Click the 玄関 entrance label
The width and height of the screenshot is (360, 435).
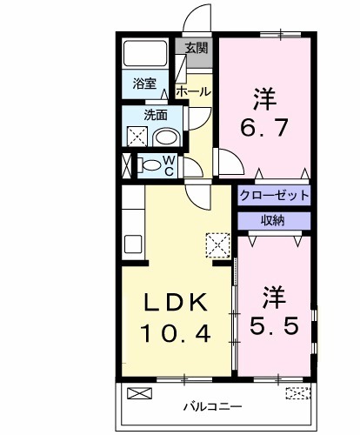click(x=197, y=48)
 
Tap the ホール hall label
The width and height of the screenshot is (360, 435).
click(x=191, y=90)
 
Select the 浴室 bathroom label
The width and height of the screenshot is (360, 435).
click(x=144, y=84)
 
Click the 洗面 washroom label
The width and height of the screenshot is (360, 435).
click(x=156, y=114)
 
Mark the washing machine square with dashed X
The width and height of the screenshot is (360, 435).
click(x=137, y=137)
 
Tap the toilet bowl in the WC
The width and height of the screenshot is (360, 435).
click(x=149, y=165)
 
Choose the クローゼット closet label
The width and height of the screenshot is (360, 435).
click(x=273, y=195)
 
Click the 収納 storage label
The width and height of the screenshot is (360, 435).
click(x=273, y=220)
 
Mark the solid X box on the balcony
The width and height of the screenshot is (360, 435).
click(x=139, y=393)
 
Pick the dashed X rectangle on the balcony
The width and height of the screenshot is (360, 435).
click(x=297, y=393)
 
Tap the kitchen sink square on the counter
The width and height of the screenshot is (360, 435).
click(x=131, y=243)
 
